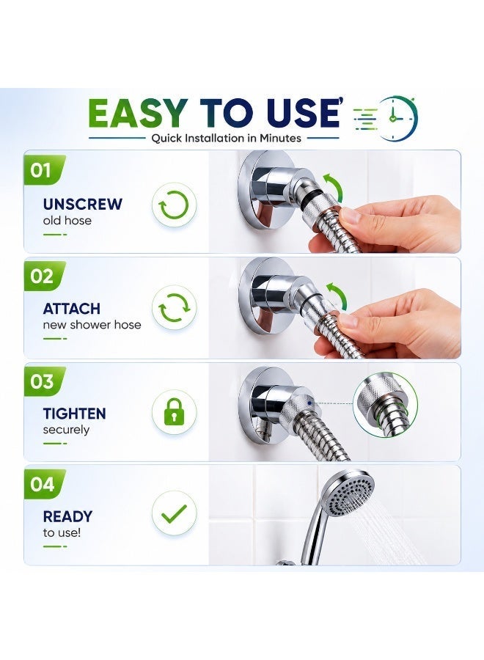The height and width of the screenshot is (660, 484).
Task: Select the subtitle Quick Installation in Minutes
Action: [227, 138]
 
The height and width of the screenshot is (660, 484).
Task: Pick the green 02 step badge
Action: [44, 276]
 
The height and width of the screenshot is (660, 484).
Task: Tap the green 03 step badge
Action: [44, 381]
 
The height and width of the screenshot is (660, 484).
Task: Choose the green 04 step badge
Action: [44, 484]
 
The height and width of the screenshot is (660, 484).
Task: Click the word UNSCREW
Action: [82, 204]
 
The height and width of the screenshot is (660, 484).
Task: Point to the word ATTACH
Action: [72, 309]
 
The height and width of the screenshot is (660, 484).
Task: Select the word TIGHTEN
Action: [74, 414]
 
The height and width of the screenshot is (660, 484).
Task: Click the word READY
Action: [67, 516]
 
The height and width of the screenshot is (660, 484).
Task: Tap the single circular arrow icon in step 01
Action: [174, 205]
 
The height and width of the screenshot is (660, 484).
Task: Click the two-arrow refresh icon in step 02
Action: [175, 308]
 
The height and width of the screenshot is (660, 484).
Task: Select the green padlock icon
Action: [174, 412]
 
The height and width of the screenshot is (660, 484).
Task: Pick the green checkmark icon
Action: [174, 513]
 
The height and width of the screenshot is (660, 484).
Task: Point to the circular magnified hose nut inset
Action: [385, 405]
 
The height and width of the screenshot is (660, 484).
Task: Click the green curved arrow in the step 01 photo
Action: [334, 186]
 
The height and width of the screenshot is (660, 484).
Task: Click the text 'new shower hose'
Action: [92, 325]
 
